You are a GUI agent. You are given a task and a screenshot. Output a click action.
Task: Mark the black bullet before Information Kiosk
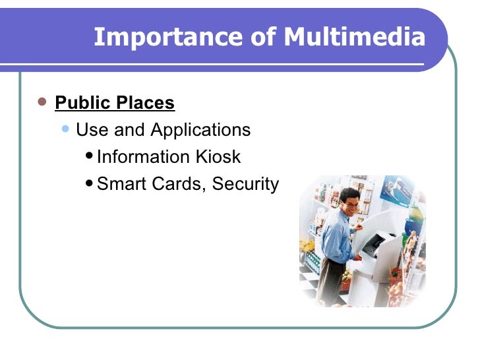pyautogui.click(x=90, y=157)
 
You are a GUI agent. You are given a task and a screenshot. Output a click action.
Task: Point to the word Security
pyautogui.click(x=245, y=184)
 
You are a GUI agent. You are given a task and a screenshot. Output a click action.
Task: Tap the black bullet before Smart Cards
pyautogui.click(x=90, y=184)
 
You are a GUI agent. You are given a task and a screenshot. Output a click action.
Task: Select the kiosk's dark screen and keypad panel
pyautogui.click(x=373, y=245)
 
